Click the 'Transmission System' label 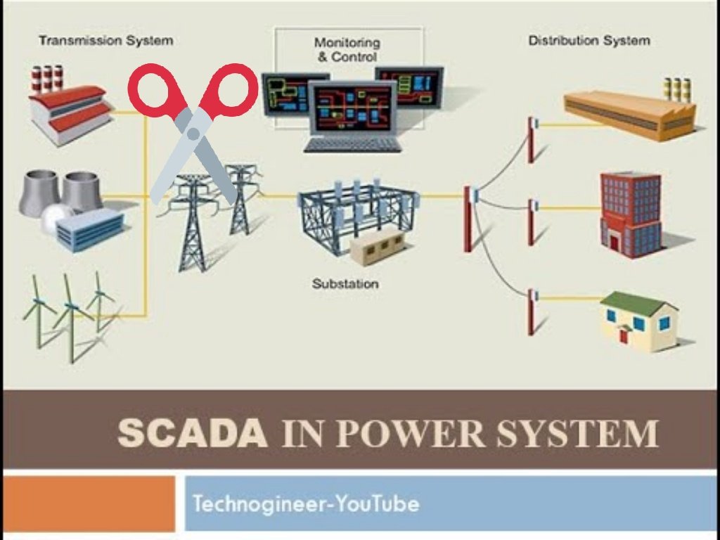pyautogui.click(x=106, y=40)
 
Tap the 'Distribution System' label pyautogui.click(x=589, y=40)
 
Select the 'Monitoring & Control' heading pyautogui.click(x=347, y=50)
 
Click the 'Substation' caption pyautogui.click(x=345, y=284)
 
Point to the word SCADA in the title pyautogui.click(x=193, y=433)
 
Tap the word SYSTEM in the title pyautogui.click(x=578, y=433)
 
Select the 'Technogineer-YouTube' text pyautogui.click(x=306, y=503)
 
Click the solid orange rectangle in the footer pyautogui.click(x=89, y=503)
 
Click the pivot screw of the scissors pyautogui.click(x=193, y=134)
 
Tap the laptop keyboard pyautogui.click(x=353, y=145)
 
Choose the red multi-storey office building pyautogui.click(x=631, y=214)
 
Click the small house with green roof pyautogui.click(x=638, y=321)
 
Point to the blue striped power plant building pyautogui.click(x=90, y=230)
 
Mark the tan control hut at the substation pyautogui.click(x=378, y=247)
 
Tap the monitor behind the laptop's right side pyautogui.click(x=410, y=86)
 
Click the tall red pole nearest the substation pyautogui.click(x=468, y=219)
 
